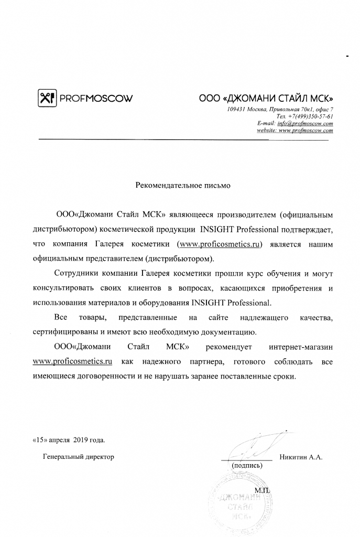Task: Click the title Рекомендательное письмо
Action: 183,185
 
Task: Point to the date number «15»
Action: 39,439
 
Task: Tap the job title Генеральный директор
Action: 78,457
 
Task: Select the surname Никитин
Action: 293,457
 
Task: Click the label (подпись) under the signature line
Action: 246,465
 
